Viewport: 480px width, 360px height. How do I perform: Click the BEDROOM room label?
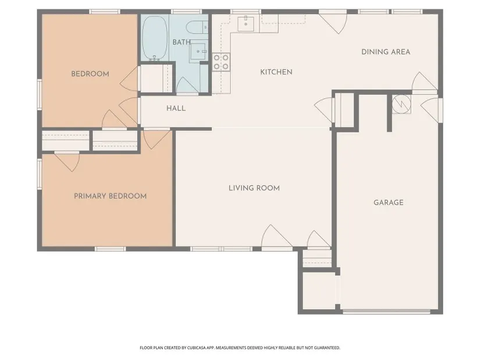[90, 74]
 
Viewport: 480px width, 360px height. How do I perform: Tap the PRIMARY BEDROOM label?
[110, 196]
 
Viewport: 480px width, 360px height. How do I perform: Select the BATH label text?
[181, 42]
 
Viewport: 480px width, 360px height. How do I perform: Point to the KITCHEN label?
[276, 72]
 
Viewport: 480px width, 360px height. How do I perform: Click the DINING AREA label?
[386, 52]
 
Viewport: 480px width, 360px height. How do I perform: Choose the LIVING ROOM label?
[254, 188]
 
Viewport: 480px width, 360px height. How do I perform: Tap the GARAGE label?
[389, 202]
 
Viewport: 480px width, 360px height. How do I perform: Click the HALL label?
[176, 108]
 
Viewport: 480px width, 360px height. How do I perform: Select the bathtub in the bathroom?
[155, 38]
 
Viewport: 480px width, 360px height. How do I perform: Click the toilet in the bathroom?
[197, 27]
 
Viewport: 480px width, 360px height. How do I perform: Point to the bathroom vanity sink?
[198, 51]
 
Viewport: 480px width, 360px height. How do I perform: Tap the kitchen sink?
[246, 24]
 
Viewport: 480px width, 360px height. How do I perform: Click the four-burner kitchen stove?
[221, 62]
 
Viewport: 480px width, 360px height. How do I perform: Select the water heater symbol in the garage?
[401, 104]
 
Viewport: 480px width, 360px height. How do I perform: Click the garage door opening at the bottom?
[386, 312]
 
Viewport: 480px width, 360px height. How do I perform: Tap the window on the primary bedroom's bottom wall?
[110, 249]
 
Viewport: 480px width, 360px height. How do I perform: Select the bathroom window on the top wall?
[186, 12]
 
